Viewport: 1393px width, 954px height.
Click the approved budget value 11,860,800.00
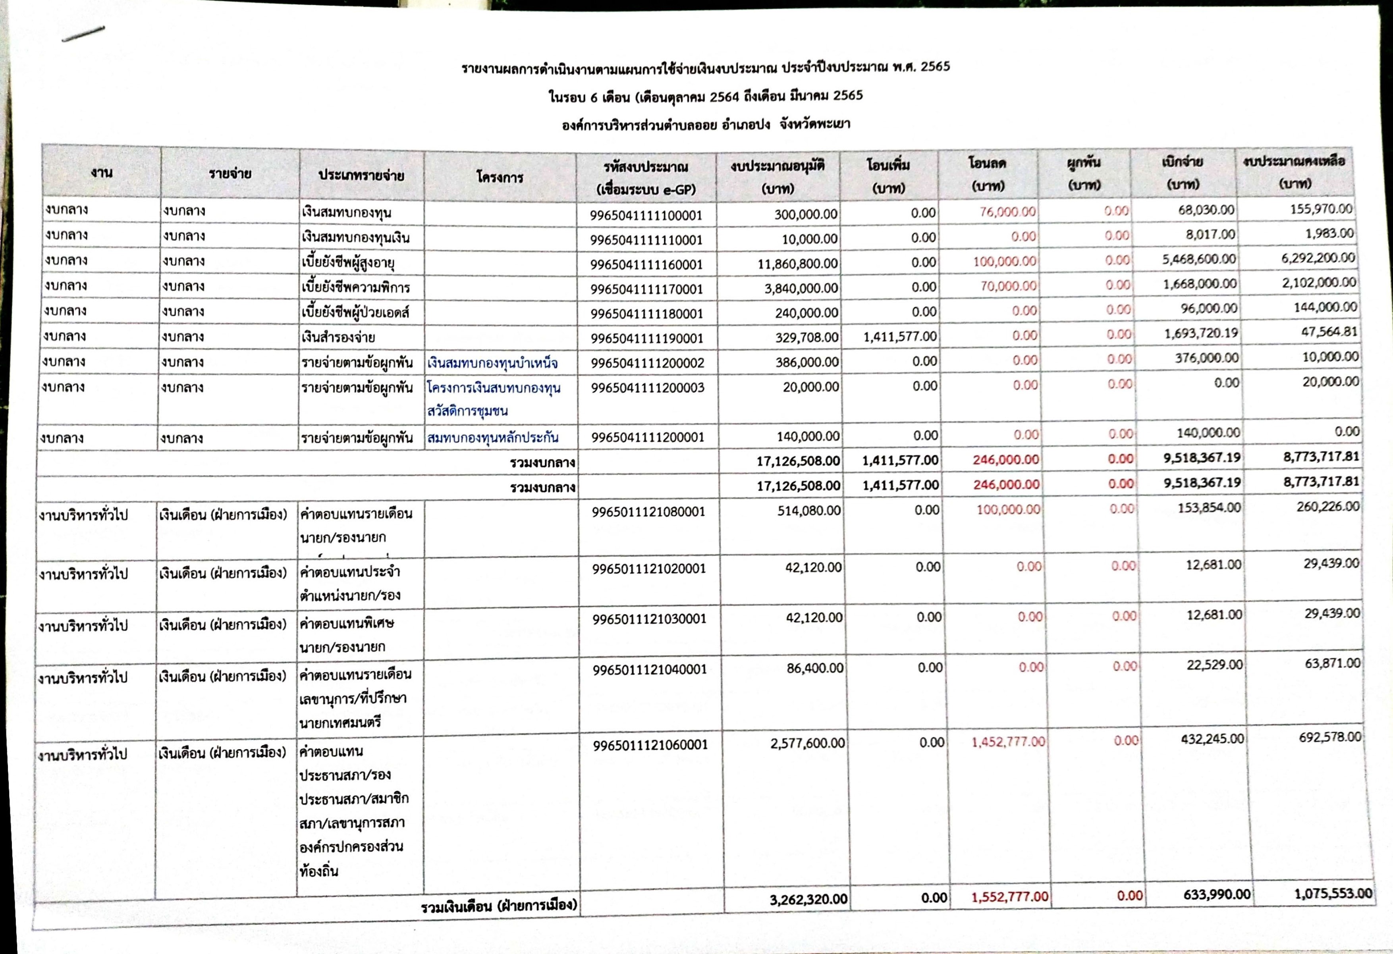pos(797,264)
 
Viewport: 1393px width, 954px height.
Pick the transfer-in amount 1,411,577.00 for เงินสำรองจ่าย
pos(900,337)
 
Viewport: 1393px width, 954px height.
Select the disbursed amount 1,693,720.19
pos(1200,333)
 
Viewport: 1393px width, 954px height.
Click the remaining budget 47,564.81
pos(1329,331)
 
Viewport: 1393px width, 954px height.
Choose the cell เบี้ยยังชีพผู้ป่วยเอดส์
pos(355,312)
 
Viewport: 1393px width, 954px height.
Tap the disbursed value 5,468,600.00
pos(1199,259)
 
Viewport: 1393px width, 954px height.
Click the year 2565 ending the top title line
pos(935,67)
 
